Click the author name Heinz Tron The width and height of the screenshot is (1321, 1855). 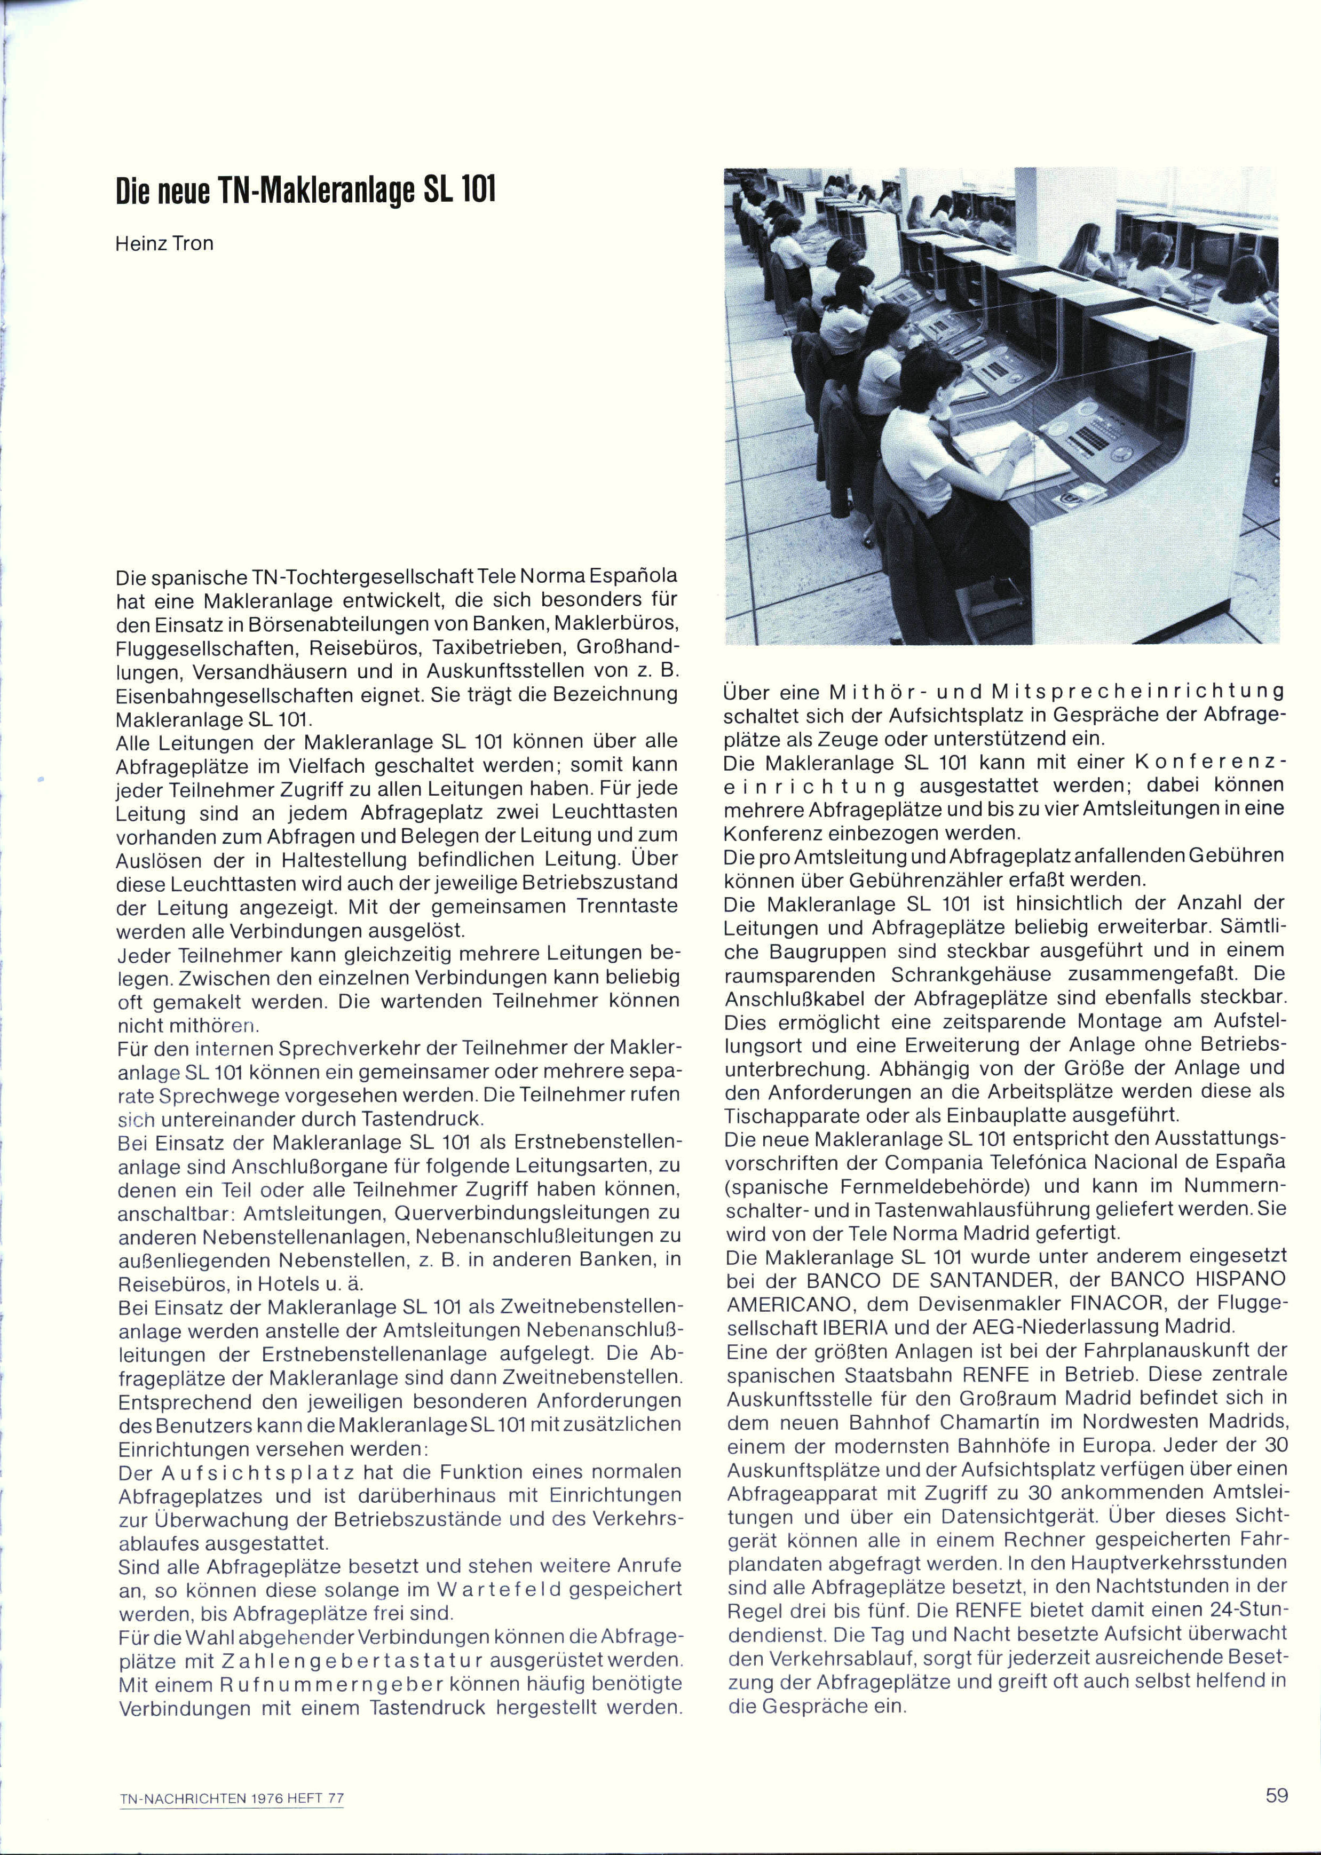(163, 243)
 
